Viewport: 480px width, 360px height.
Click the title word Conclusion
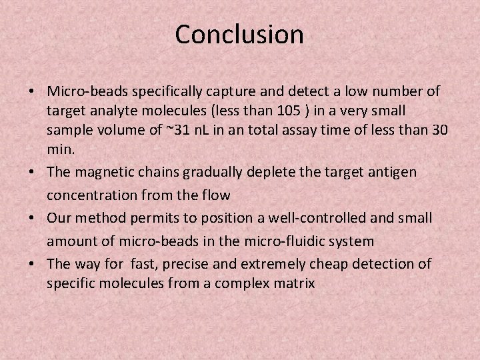[239, 35]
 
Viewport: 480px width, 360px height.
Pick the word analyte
[109, 109]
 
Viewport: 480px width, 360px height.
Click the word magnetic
[101, 172]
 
